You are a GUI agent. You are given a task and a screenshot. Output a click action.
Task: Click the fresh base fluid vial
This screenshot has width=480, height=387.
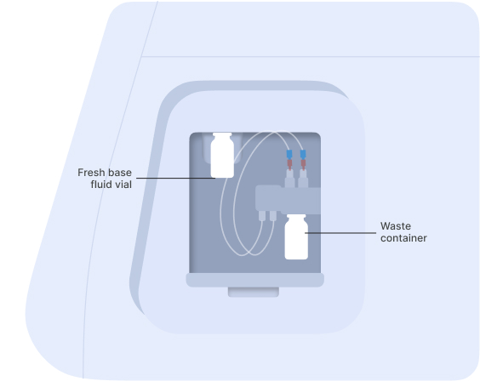[x=222, y=155]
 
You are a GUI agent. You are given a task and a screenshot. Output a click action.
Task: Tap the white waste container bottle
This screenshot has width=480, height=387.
[x=296, y=237]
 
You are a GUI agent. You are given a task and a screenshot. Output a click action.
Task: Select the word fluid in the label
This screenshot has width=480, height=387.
[x=101, y=185]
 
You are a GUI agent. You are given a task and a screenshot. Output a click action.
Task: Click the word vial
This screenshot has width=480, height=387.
[x=123, y=185]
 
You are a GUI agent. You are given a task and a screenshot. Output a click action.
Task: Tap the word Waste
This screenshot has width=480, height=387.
[x=396, y=226]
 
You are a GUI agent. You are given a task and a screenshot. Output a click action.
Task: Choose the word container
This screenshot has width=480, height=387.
[x=403, y=238]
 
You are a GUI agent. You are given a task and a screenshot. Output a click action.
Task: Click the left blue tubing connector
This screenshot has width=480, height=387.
[x=289, y=155]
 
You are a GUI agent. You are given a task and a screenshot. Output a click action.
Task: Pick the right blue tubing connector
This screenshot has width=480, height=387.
[x=303, y=155]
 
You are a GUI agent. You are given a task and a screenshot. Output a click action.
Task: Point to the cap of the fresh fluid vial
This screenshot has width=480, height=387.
[x=222, y=134]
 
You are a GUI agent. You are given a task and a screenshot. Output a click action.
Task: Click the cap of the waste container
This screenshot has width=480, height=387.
[x=296, y=216]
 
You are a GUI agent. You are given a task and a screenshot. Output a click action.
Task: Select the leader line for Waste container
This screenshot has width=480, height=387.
[x=340, y=233]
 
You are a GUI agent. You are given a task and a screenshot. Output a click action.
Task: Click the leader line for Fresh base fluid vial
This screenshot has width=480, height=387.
[x=175, y=178]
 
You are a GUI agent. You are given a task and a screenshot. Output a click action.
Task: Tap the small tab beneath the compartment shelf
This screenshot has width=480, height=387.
[x=254, y=292]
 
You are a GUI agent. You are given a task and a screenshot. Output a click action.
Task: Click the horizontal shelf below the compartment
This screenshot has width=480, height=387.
[x=255, y=280]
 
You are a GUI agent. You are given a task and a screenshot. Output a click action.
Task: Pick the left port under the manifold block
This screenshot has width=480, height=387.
[x=262, y=215]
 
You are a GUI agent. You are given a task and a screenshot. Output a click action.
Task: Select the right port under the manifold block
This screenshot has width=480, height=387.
[x=273, y=215]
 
